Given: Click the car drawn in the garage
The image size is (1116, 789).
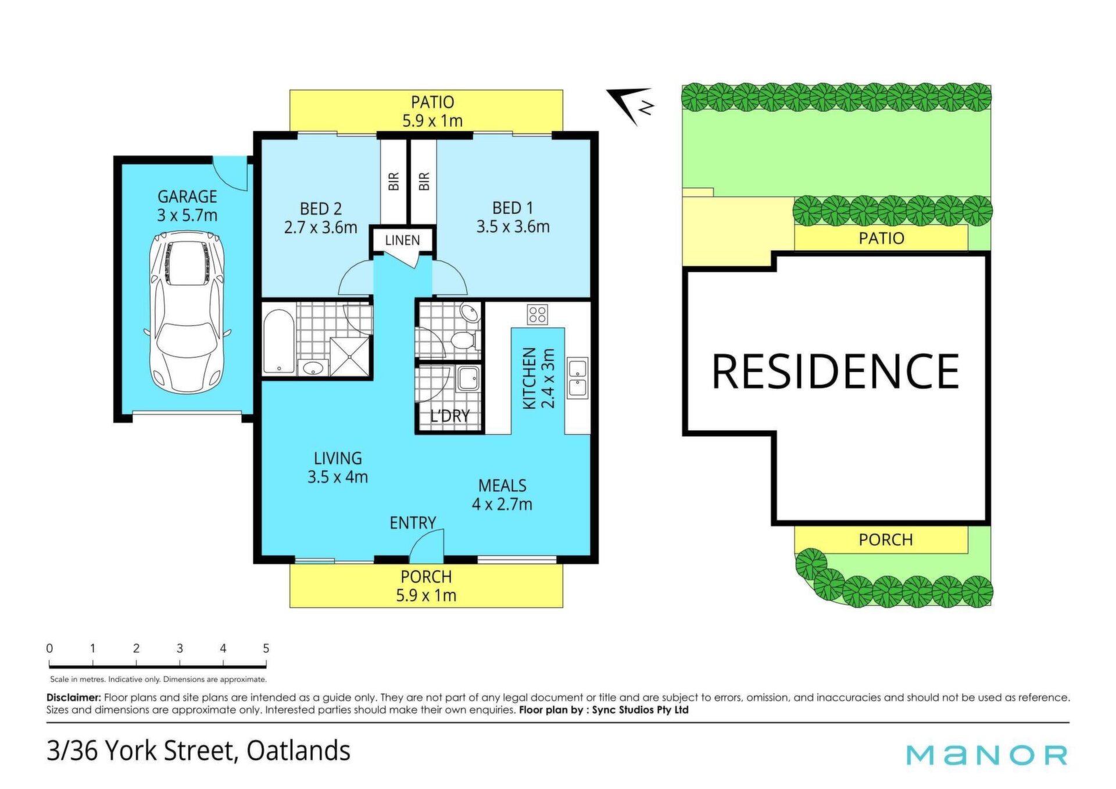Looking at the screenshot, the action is tap(187, 313).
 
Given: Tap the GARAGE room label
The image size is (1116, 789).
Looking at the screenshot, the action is tap(187, 197).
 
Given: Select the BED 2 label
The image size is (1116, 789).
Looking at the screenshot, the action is tap(320, 208).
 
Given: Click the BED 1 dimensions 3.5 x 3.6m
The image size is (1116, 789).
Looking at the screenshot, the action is tap(513, 227).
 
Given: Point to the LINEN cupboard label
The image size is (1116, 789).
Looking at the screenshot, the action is tap(402, 240).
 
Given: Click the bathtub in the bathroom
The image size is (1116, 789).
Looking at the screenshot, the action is tap(278, 341).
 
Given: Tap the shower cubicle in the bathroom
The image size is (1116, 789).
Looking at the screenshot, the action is tap(349, 356).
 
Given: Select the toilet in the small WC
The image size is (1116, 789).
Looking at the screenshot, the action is tap(465, 340).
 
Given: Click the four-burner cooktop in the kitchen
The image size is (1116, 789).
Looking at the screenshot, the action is tap(537, 315).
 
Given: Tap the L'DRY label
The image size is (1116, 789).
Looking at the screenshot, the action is tap(450, 416).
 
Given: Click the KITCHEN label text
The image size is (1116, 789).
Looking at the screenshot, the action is tap(530, 379).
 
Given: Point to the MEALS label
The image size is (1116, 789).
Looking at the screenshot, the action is tap(502, 485).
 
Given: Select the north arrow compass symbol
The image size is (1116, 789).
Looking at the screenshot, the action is tap(631, 105).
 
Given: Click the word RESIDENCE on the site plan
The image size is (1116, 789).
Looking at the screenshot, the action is tap(835, 372).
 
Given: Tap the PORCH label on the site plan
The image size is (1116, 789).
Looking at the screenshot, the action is tap(885, 540).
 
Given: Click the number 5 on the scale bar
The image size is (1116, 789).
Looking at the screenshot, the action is tap(266, 648).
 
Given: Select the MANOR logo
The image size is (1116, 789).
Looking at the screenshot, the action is tap(987, 755).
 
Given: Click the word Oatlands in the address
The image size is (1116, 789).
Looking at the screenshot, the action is tap(298, 751).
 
